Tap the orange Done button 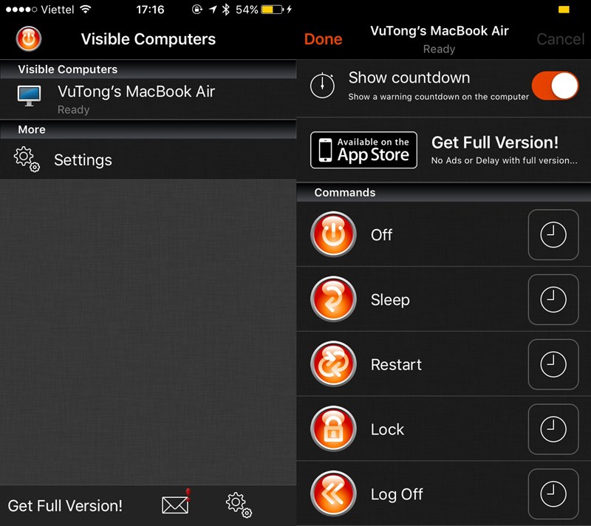(323, 39)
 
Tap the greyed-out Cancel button (561, 39)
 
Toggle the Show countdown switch (556, 86)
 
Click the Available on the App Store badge (363, 150)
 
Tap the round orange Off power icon (333, 234)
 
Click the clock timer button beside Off (553, 235)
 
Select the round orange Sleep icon (333, 299)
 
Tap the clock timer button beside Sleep (553, 299)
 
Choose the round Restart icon (333, 364)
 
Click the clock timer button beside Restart (553, 364)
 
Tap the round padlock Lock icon (333, 428)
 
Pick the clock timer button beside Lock (553, 429)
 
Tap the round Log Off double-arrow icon (333, 493)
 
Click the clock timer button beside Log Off (553, 494)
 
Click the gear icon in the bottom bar (239, 505)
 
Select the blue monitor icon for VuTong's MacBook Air (29, 96)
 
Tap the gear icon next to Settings (27, 160)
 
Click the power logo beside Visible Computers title (29, 39)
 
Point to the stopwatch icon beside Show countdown (322, 86)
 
